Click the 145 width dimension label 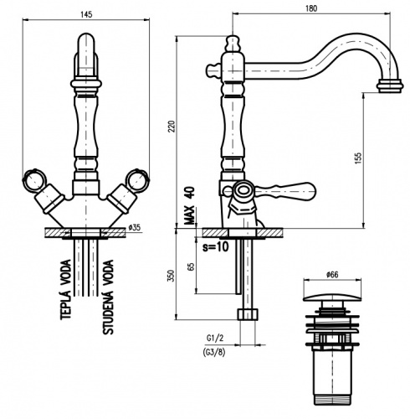(86, 14)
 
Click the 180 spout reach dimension (311, 8)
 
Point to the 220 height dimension (172, 127)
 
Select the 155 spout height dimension (358, 158)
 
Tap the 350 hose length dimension (172, 276)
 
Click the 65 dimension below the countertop (191, 266)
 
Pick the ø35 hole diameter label (135, 228)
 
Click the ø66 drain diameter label (332, 275)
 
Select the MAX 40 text (190, 205)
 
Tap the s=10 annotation (215, 246)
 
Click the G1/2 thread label (215, 338)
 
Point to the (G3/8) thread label (214, 352)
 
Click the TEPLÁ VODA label (66, 289)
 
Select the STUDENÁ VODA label (108, 297)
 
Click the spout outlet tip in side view (390, 85)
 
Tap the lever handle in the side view (284, 191)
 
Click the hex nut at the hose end (248, 314)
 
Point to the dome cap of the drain (332, 297)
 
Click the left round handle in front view (33, 179)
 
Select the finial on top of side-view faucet (233, 44)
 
